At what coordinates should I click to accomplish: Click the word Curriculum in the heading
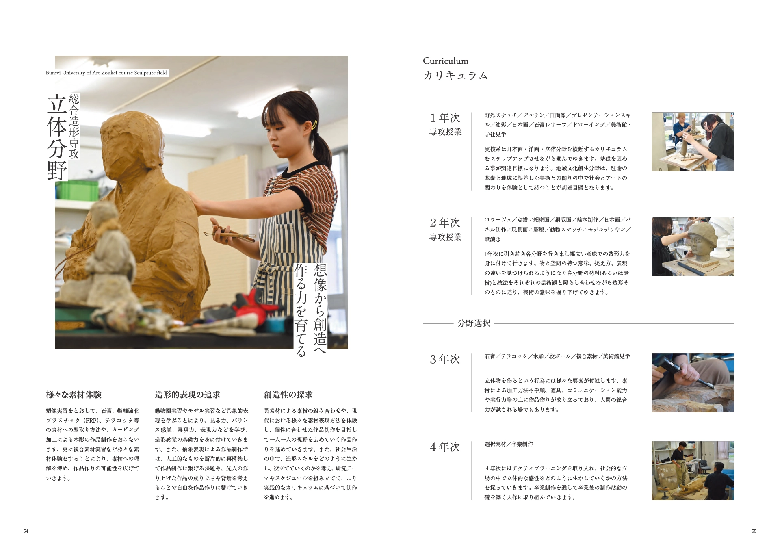coord(445,61)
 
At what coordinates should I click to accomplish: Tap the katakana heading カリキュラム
coord(455,76)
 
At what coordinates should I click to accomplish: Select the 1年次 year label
coord(445,118)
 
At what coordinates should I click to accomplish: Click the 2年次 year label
coord(445,223)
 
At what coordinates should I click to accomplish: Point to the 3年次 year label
coord(445,359)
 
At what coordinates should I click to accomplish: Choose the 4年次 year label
coord(445,447)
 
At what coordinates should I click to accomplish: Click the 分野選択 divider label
coord(474,323)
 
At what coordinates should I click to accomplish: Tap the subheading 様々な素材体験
coord(74,395)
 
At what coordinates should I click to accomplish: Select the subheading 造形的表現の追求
coord(188,395)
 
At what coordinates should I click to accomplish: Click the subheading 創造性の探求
coord(288,395)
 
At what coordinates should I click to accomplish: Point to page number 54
coord(26,531)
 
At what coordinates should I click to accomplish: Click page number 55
coord(754,531)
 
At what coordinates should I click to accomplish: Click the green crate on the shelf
coord(77,190)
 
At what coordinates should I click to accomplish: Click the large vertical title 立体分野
coord(57,137)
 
